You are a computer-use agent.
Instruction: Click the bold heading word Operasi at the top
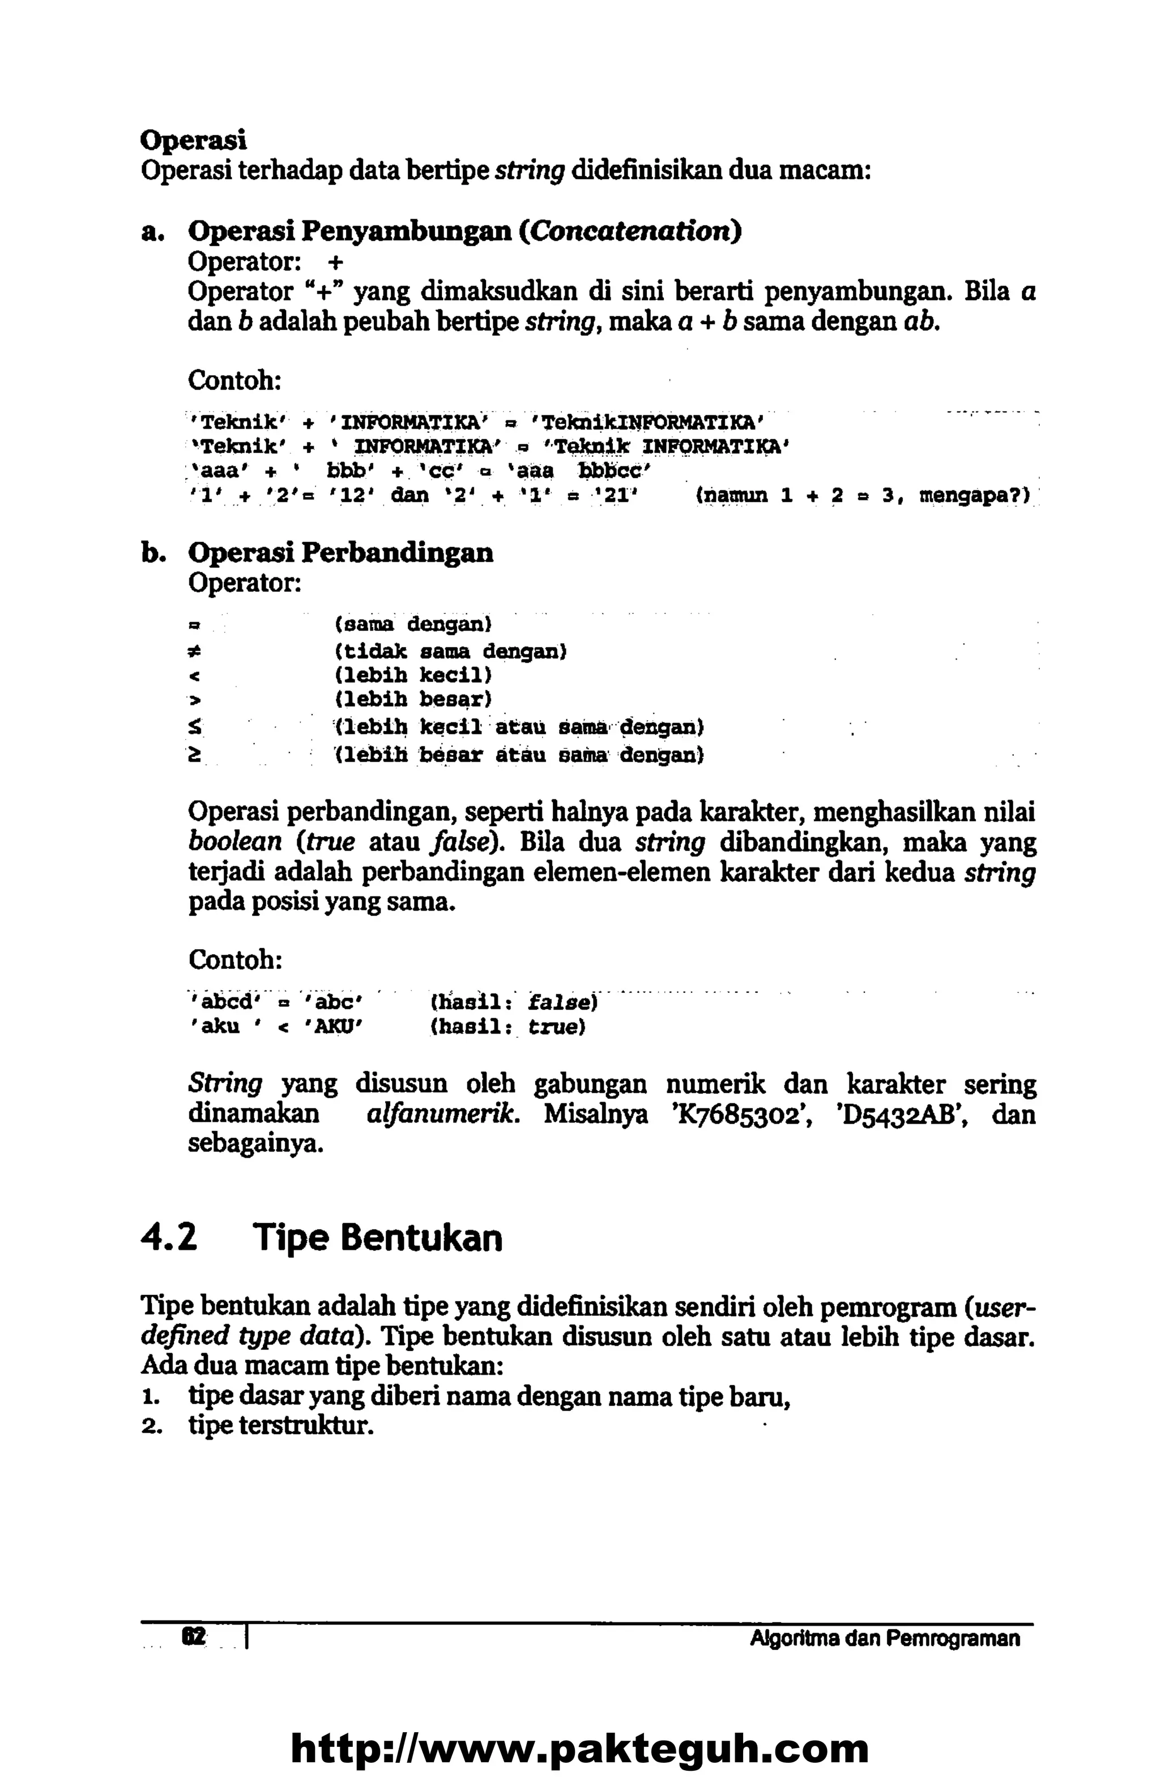point(194,141)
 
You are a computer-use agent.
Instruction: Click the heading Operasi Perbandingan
point(340,553)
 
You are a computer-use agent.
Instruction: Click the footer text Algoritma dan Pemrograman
point(885,1639)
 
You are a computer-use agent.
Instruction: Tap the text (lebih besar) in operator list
point(413,700)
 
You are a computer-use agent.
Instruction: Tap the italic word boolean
point(235,841)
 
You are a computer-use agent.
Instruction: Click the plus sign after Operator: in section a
point(335,262)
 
